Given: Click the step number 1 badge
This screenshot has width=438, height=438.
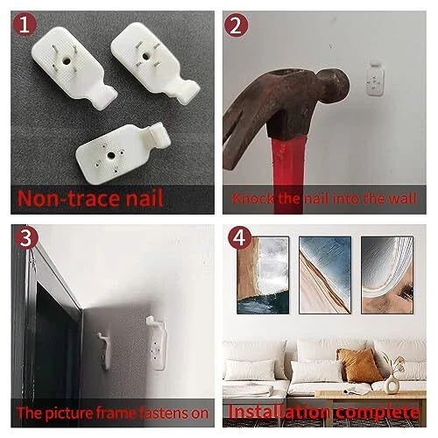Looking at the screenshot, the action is click(25, 25).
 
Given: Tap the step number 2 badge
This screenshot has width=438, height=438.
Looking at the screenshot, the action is click(236, 25).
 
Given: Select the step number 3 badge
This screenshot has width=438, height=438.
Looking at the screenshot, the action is click(25, 237).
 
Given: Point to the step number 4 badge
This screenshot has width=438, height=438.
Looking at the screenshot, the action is click(239, 237).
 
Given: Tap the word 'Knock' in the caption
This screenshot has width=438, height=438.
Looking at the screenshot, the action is click(253, 199).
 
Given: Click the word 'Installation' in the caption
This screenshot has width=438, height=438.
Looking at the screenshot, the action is click(279, 412).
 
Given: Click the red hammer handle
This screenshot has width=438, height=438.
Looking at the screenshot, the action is click(288, 175).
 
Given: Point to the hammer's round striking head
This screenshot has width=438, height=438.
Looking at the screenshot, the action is click(335, 86).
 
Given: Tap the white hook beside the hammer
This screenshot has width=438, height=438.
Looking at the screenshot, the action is click(375, 78).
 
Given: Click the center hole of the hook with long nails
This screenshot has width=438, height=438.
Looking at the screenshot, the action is click(67, 61).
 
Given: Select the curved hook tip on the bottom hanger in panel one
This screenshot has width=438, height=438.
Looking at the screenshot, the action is click(159, 134).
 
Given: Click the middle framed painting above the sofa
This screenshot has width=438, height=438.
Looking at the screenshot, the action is click(325, 275).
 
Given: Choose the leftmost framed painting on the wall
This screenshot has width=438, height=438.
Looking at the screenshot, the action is click(263, 275).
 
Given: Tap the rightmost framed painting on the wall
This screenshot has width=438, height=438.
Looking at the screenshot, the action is click(387, 275).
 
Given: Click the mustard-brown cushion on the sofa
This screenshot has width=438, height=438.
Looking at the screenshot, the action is click(359, 365).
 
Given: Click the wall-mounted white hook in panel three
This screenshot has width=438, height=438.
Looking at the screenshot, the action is click(158, 343).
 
